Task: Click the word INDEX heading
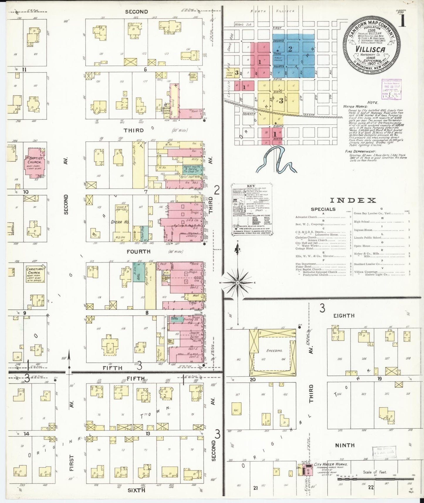pos(353,200)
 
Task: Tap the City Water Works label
pos(331,464)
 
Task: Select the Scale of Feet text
pos(375,472)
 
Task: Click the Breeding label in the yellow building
pos(274,351)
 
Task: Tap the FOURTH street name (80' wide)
pos(138,252)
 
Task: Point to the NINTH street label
pos(345,445)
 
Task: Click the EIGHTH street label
pos(344,316)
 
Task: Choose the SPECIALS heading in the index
pos(323,209)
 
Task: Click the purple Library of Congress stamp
pos(391,89)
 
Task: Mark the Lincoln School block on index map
pos(230,73)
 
